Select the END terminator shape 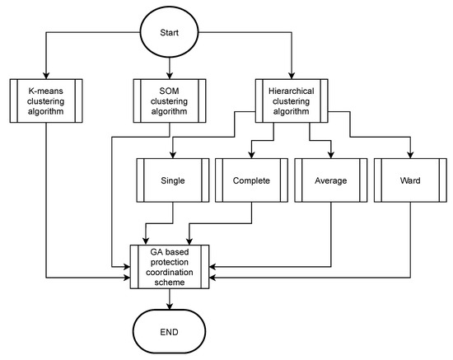tap(169, 331)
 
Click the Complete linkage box tap(250, 179)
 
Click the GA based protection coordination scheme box tap(169, 266)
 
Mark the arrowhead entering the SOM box tap(169, 75)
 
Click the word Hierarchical tap(292, 89)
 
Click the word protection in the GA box tap(169, 266)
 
